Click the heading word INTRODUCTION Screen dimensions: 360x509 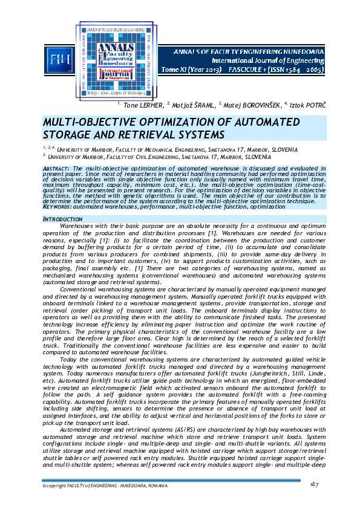pyautogui.click(x=60, y=217)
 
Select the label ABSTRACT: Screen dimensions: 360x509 pyautogui.click(x=56, y=167)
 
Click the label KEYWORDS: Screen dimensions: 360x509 pyautogui.click(x=56, y=207)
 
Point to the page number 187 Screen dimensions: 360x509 pyautogui.click(x=313, y=484)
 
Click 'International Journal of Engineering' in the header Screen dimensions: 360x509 pyautogui.click(x=275, y=61)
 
